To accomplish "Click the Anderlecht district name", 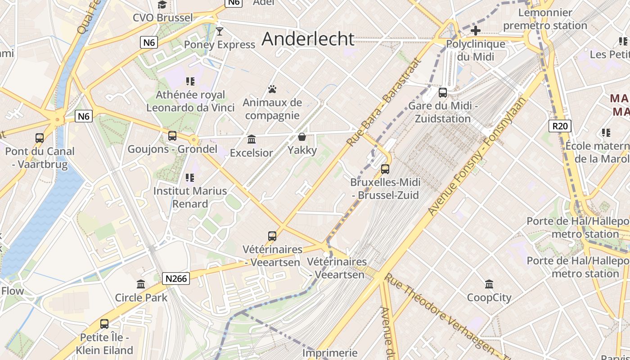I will point(308,39).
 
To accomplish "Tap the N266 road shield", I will point(176,279).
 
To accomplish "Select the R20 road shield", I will point(560,126).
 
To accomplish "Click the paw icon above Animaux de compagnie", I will point(272,89).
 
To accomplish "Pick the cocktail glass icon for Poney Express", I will point(219,31).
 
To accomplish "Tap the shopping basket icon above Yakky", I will point(301,136).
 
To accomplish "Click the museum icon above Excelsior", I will point(252,139).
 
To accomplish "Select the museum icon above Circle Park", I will point(141,284).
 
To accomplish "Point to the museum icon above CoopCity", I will point(489,284).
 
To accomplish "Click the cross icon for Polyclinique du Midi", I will point(475,31).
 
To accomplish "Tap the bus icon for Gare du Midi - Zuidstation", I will point(443,93).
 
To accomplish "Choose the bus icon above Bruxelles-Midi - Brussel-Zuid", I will point(385,169).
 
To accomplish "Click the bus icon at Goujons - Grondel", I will point(172,135).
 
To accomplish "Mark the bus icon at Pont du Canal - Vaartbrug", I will point(40,138).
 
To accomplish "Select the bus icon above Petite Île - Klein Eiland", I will point(104,324).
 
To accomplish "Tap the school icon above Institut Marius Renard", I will point(190,178).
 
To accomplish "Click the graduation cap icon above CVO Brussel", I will point(162,5).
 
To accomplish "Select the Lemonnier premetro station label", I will point(545,19).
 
